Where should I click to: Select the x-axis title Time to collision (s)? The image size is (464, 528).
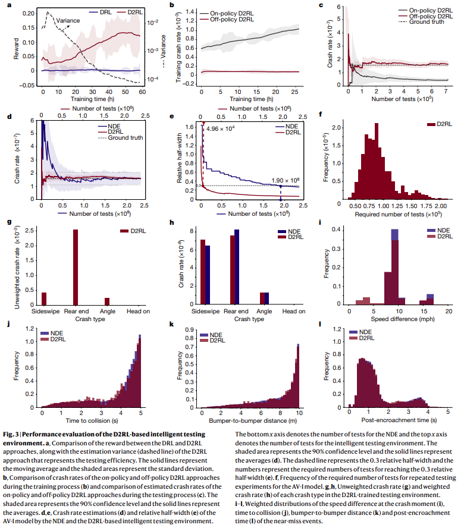pos(90,421)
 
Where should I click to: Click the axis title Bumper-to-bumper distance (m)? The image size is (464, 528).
pos(249,421)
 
